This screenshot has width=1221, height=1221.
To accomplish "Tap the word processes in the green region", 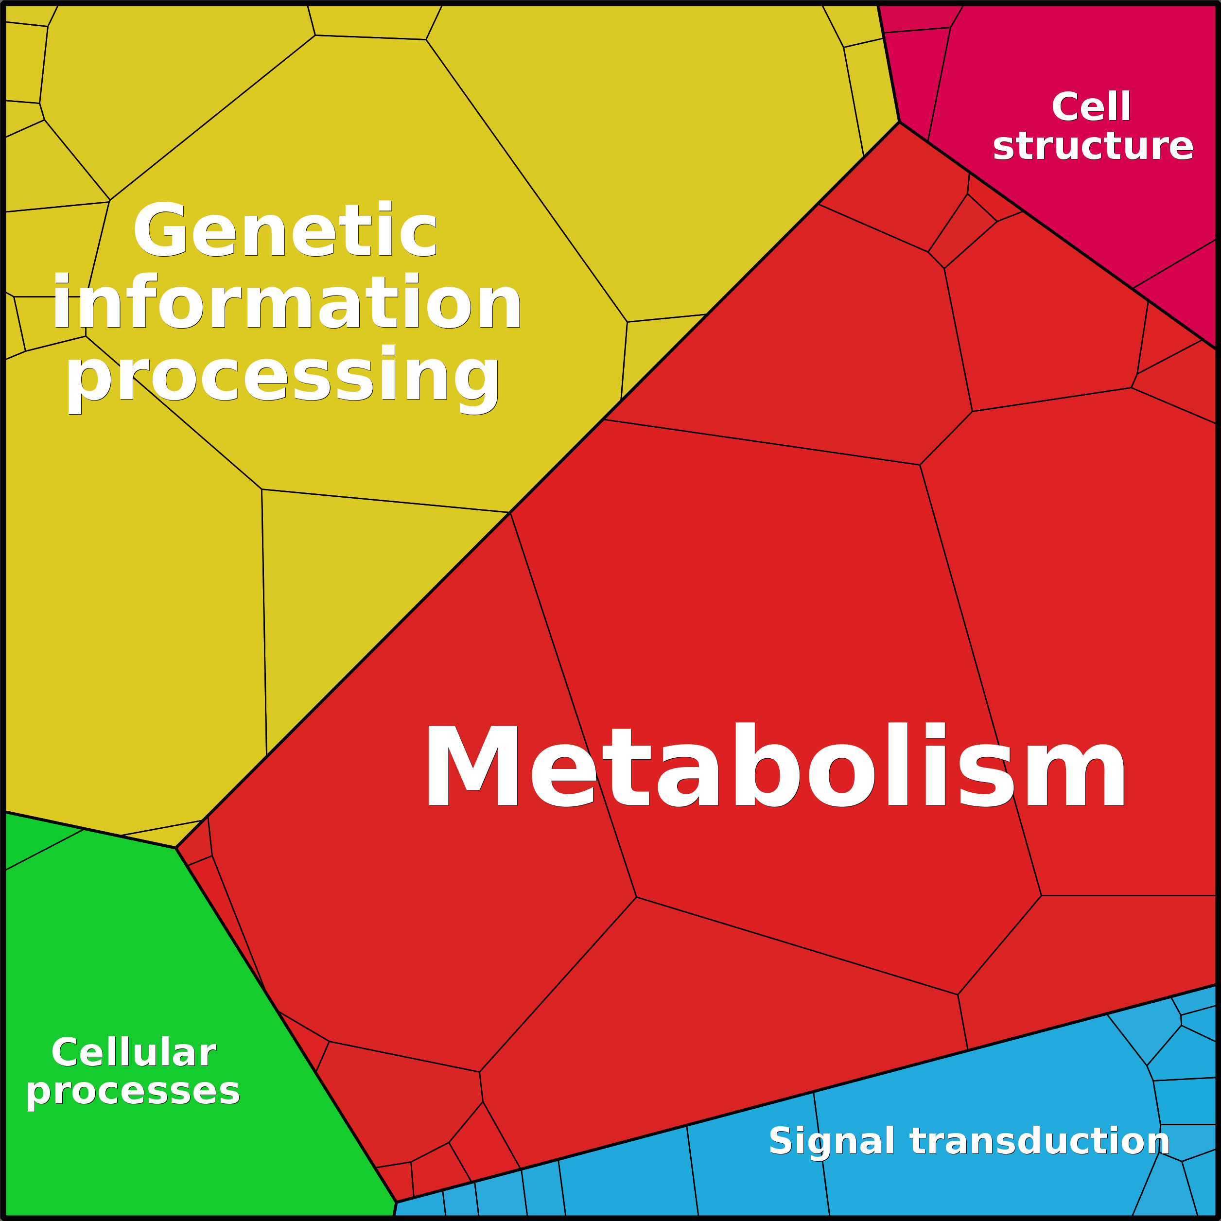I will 133,1091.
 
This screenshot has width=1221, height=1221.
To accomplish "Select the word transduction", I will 1040,1141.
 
